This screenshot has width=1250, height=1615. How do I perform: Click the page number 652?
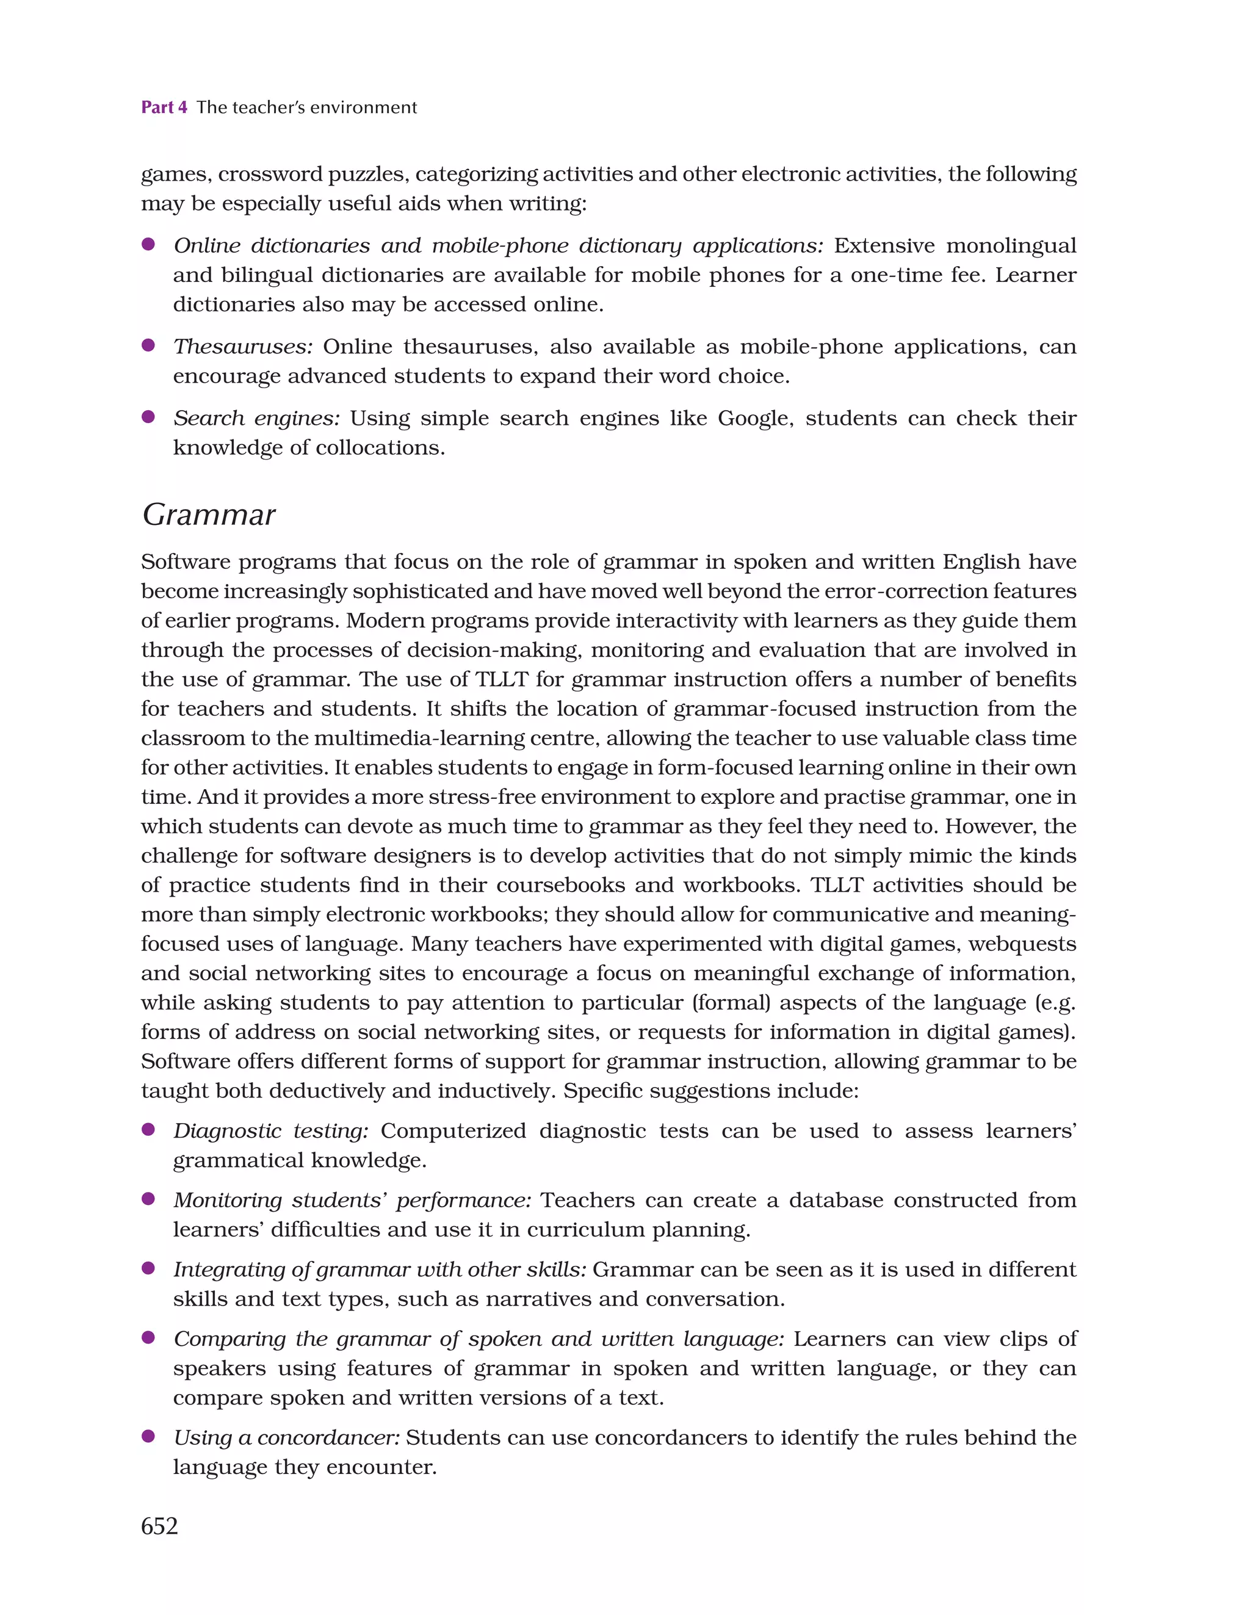(159, 1525)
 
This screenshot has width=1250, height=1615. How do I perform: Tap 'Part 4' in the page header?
(164, 107)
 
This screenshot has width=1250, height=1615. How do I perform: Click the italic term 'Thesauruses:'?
(242, 347)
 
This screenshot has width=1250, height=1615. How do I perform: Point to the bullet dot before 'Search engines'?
(148, 417)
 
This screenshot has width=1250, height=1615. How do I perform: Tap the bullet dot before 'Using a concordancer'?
(148, 1436)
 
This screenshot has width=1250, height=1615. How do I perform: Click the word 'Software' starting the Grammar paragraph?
(184, 562)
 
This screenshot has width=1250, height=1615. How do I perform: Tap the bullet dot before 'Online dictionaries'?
(148, 244)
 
